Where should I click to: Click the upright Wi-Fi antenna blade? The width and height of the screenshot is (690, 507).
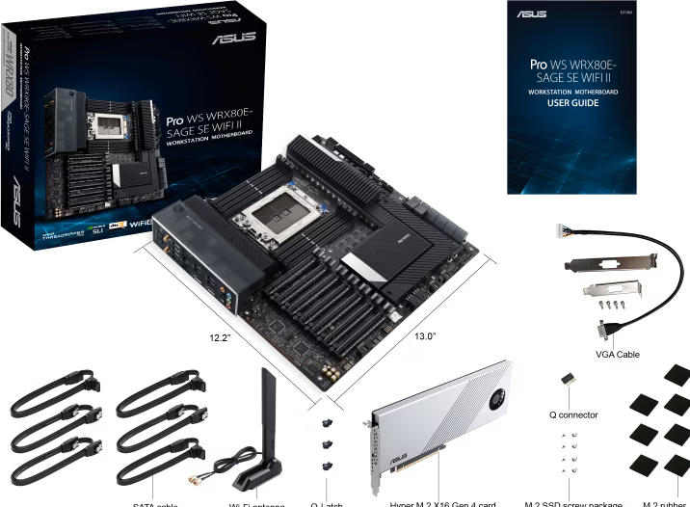coord(269,406)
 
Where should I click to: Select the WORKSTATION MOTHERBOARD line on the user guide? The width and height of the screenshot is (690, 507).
coord(576,91)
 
